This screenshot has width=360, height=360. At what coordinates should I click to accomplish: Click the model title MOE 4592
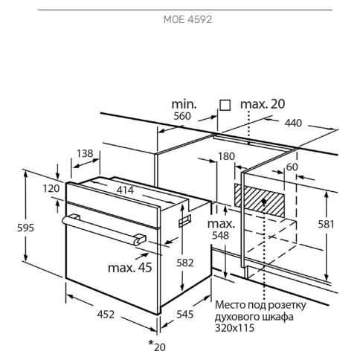[x=187, y=19]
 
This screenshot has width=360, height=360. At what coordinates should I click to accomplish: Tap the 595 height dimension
[x=25, y=228]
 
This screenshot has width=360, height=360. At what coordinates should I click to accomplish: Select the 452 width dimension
[x=106, y=315]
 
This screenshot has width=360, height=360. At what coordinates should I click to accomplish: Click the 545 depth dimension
[x=185, y=315]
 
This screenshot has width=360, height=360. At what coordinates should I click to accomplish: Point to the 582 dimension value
[x=185, y=263]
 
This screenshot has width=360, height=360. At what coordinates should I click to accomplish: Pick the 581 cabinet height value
[x=327, y=224]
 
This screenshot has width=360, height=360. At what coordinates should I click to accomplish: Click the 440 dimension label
[x=293, y=123]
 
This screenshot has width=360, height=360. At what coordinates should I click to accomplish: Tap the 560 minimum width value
[x=182, y=116]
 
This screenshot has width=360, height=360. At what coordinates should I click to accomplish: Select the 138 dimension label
[x=85, y=153]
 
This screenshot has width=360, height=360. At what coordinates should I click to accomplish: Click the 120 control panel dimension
[x=51, y=189]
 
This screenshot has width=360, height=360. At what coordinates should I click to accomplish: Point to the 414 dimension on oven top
[x=125, y=190]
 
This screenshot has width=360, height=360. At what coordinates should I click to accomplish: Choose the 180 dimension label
[x=226, y=156]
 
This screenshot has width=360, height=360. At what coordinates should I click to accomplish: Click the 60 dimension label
[x=292, y=167]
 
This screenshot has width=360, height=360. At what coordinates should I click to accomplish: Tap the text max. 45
[x=130, y=268]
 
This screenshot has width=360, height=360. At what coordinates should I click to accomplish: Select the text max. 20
[x=263, y=104]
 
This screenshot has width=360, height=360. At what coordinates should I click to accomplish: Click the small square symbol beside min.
[x=225, y=106]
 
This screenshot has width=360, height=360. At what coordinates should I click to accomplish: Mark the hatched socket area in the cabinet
[x=260, y=200]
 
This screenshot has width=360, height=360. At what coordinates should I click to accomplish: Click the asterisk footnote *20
[x=157, y=346]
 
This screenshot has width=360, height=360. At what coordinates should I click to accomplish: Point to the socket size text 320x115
[x=234, y=328]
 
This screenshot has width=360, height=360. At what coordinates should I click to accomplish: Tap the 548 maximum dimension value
[x=220, y=236]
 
